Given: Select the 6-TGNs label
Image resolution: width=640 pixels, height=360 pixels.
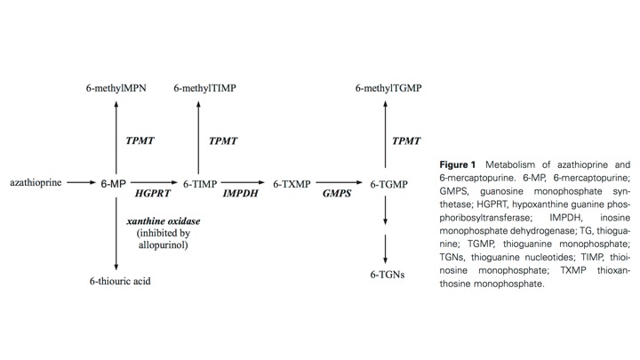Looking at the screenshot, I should tap(388, 275).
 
